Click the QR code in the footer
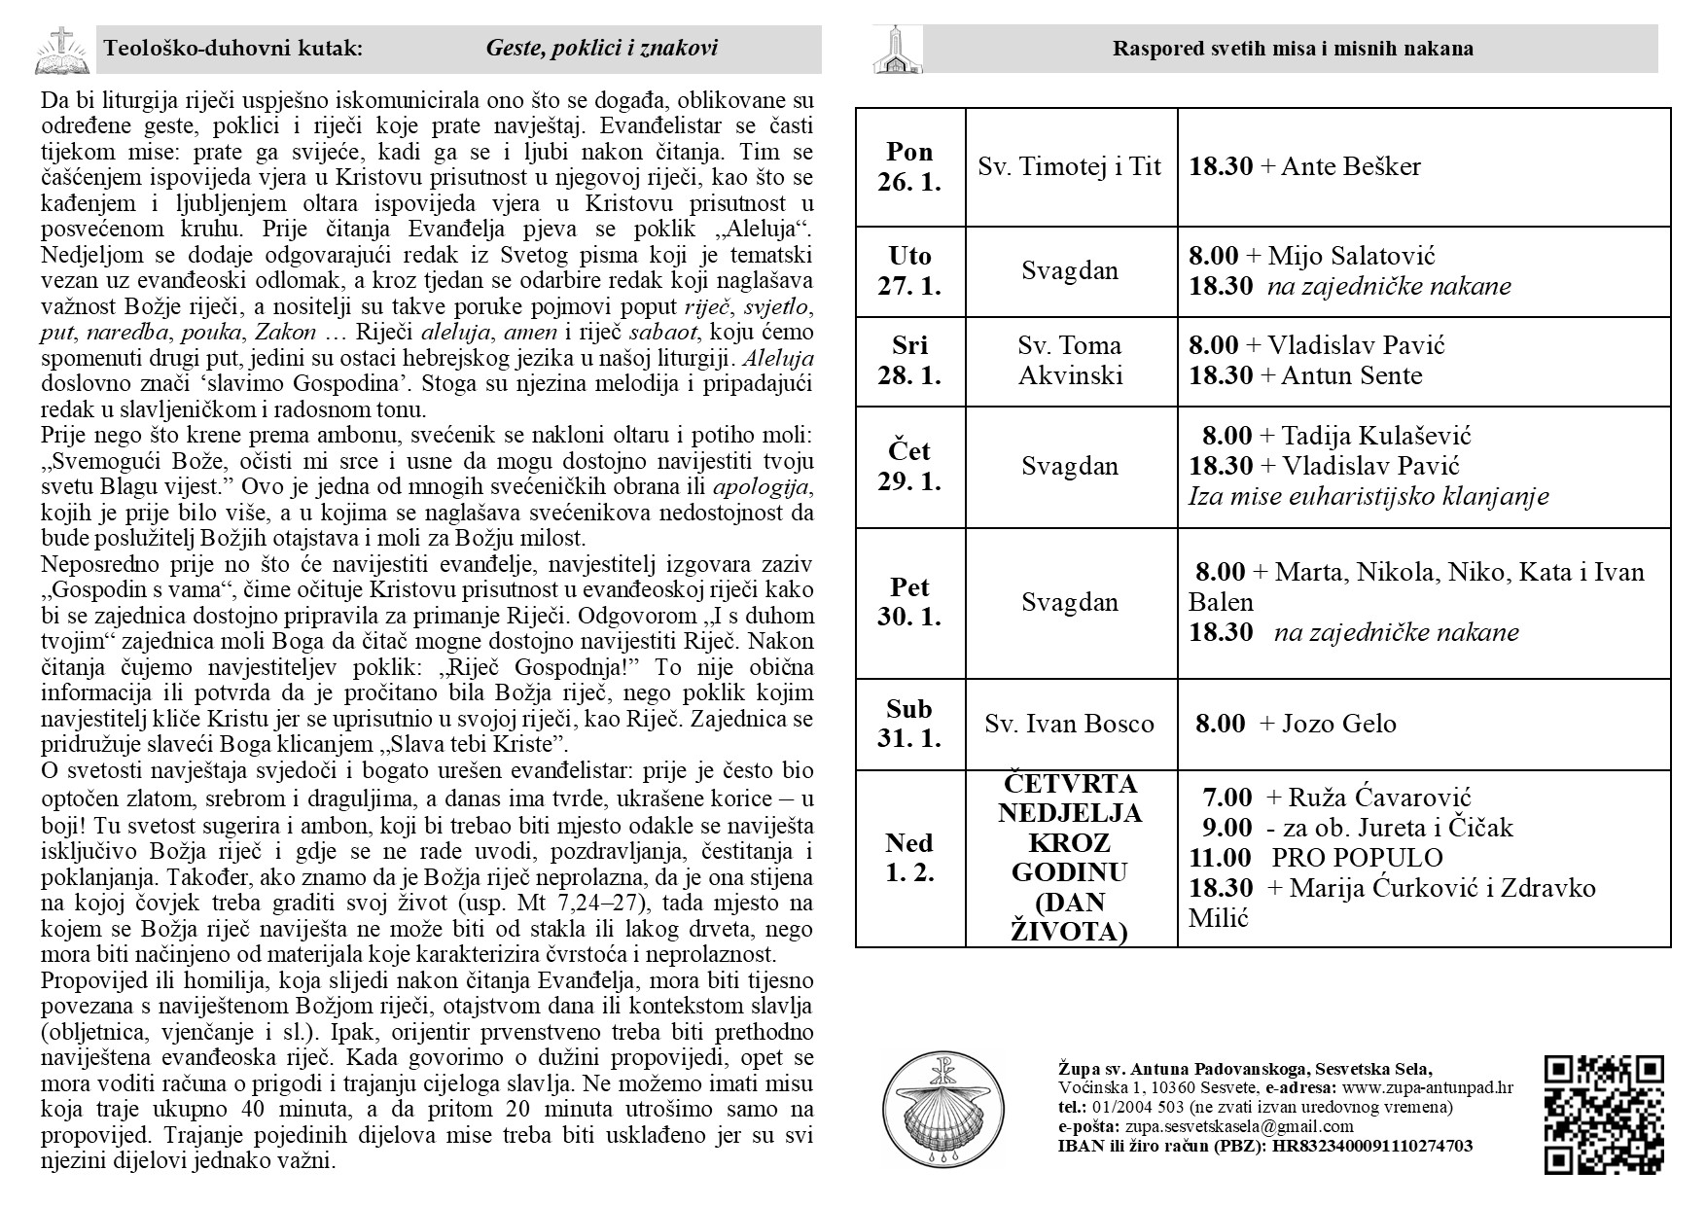point(1604,1114)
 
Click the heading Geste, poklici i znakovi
point(602,49)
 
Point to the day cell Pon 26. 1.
point(909,167)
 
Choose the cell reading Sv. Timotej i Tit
point(1070,167)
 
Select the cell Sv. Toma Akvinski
point(1070,361)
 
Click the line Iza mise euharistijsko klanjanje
point(1368,497)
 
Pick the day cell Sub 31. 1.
point(909,724)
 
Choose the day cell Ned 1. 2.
point(909,857)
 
